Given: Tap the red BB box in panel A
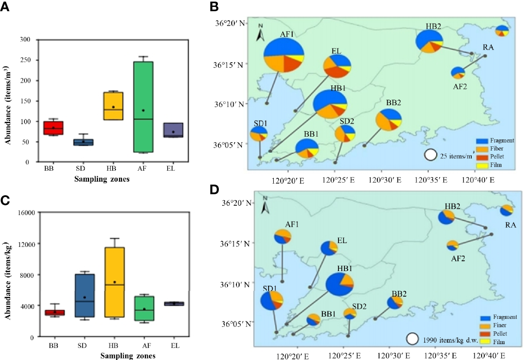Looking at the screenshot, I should (53, 128).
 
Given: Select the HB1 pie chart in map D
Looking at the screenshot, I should (340, 283).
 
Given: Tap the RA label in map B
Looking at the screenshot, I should (488, 48).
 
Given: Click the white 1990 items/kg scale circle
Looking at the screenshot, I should (412, 339).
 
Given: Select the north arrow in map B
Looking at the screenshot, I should (261, 32).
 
